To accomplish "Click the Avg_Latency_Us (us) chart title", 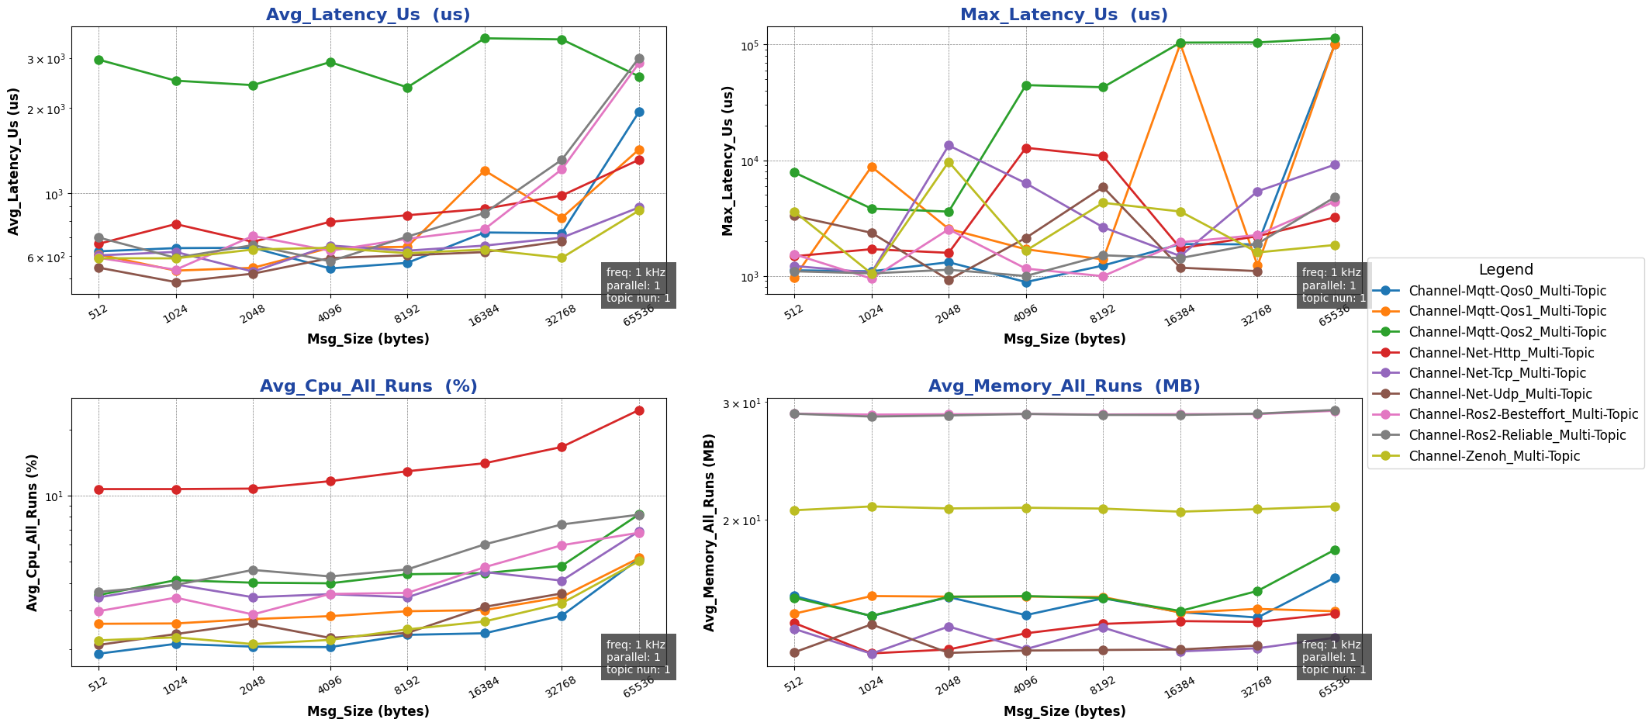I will coord(368,15).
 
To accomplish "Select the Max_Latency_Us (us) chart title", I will coord(1063,15).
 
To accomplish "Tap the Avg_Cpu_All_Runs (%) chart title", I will coord(368,386).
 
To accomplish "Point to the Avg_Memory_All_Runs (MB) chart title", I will coord(1063,386).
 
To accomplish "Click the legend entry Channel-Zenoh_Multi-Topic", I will coord(1494,456).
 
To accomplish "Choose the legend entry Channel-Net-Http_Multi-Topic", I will coord(1501,353).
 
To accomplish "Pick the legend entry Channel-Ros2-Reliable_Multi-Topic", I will coord(1517,435).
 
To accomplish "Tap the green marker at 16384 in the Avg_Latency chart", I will coord(485,38).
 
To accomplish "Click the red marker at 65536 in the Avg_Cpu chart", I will coord(639,410).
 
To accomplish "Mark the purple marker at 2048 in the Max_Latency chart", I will coord(949,145).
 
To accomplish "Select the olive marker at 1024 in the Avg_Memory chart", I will coord(872,506).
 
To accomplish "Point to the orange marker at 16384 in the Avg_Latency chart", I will coord(485,171).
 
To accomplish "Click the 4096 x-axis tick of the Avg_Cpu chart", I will coord(330,684).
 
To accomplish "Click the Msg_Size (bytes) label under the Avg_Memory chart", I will coord(1064,711).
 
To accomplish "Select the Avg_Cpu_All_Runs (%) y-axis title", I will coord(33,532).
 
